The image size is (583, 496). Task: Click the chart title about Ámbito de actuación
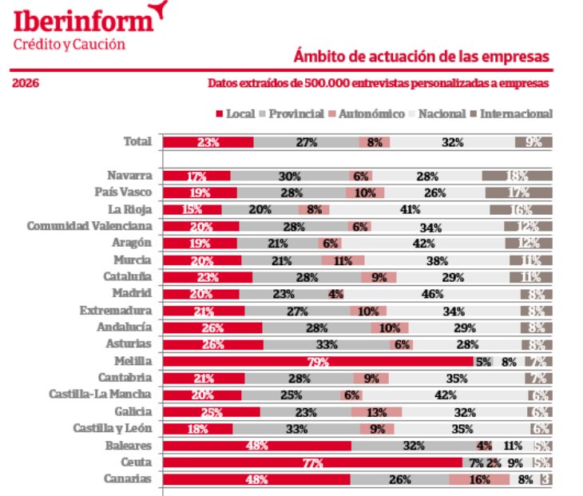point(422,57)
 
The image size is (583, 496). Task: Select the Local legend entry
point(235,113)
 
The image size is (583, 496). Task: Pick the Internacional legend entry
point(516,113)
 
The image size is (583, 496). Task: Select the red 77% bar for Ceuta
point(312,462)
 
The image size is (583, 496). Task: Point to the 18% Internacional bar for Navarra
point(517,176)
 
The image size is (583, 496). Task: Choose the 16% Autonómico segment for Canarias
point(479,479)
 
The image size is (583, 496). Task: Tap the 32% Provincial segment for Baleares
point(412,446)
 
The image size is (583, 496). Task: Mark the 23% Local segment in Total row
point(208,142)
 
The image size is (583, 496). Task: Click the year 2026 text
point(26,83)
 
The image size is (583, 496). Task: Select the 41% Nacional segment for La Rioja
point(410,209)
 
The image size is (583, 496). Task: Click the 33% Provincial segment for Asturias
point(327,344)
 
